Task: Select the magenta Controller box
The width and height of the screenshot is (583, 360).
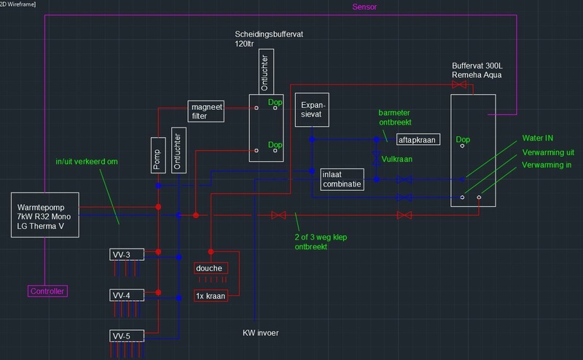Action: coord(48,291)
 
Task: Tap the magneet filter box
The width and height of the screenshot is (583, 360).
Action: coord(206,110)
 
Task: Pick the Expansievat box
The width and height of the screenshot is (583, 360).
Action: coord(312,110)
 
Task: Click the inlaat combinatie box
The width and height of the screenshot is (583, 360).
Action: coord(341,179)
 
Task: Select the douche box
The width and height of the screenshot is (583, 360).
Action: coord(210,268)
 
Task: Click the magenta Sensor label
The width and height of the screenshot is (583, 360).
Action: coord(365,8)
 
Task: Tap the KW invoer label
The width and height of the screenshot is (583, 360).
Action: coord(260,334)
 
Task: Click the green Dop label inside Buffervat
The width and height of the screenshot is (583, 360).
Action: coord(462,138)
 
